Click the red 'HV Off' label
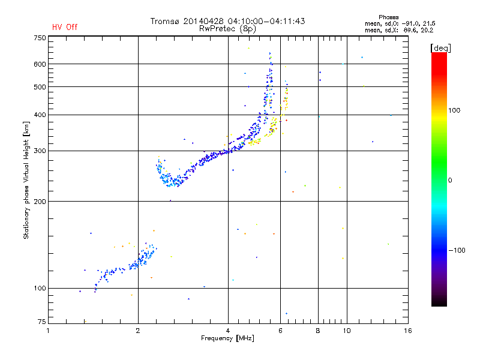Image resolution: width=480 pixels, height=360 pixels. (x=65, y=27)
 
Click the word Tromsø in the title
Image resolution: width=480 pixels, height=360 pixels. (x=166, y=21)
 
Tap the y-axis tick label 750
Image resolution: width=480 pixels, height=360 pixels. (x=40, y=37)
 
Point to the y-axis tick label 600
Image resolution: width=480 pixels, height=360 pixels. (x=40, y=64)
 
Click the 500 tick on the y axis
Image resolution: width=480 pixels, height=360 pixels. (x=40, y=87)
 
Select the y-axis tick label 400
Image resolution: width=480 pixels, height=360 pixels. (x=40, y=115)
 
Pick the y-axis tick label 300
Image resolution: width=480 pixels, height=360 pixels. (x=40, y=151)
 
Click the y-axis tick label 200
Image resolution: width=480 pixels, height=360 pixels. (x=40, y=201)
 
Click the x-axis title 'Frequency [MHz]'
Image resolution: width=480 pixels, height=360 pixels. (x=227, y=339)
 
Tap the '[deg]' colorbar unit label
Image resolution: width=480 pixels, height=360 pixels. (x=441, y=47)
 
